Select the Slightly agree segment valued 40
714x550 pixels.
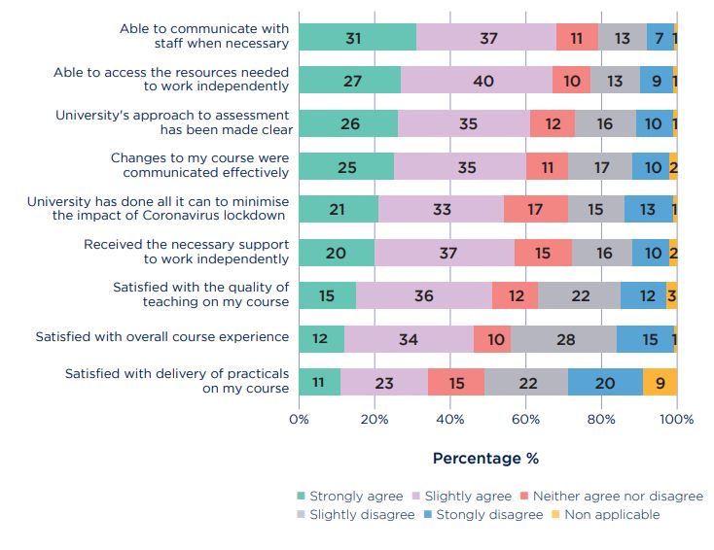click(476, 81)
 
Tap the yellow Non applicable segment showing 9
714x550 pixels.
click(660, 383)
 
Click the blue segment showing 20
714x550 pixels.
click(605, 383)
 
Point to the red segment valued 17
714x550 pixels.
click(536, 209)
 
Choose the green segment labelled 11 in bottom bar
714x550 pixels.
click(319, 383)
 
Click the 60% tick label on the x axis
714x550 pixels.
click(525, 420)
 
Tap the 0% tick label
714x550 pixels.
click(299, 420)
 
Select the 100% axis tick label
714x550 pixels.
click(677, 420)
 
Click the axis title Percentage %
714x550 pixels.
click(485, 458)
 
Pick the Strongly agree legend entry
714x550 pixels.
click(348, 496)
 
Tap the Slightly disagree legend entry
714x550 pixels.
click(354, 514)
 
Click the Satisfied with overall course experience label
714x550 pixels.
click(162, 337)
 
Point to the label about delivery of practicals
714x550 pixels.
click(177, 381)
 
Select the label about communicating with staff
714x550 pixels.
click(204, 36)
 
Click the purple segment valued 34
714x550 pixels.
click(409, 339)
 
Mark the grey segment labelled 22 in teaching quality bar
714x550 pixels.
click(579, 295)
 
